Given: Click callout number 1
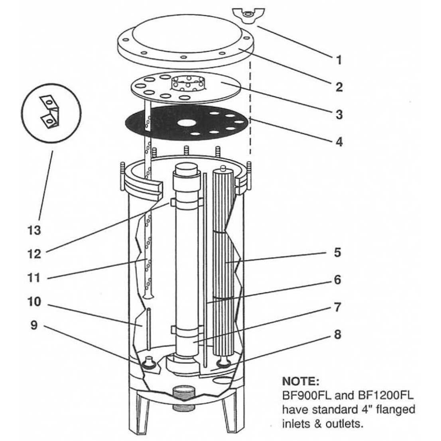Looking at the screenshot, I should click(x=339, y=60).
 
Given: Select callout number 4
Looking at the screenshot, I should click(x=339, y=141).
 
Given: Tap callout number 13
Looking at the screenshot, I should click(x=35, y=230).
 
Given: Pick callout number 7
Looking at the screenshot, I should click(x=337, y=307).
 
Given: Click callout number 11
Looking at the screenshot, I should click(x=35, y=277).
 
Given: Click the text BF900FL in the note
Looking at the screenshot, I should click(x=305, y=396).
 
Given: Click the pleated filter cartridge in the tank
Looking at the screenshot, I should click(x=226, y=259).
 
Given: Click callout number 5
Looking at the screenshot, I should click(x=337, y=252).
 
